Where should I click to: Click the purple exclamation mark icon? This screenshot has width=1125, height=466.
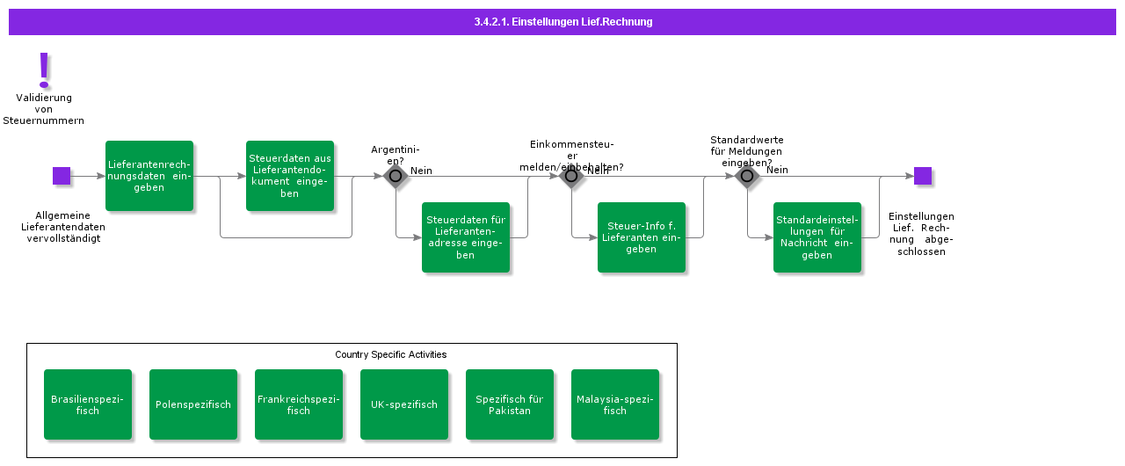pyautogui.click(x=44, y=70)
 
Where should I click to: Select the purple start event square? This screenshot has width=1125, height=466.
pyautogui.click(x=62, y=176)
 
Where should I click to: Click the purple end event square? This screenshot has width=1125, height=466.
pyautogui.click(x=922, y=176)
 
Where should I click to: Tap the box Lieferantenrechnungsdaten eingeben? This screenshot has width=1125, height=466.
pyautogui.click(x=149, y=176)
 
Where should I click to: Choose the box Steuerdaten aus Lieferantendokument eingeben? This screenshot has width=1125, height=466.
pyautogui.click(x=290, y=176)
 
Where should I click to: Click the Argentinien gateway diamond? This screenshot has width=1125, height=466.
pyautogui.click(x=396, y=176)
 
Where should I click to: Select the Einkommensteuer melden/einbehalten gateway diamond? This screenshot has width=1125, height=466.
pyautogui.click(x=571, y=176)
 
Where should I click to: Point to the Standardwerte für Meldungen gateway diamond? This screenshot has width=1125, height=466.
pyautogui.click(x=747, y=176)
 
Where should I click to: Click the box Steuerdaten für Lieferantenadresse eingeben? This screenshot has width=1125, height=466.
pyautogui.click(x=466, y=237)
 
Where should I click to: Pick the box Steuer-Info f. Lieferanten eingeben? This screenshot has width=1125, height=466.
pyautogui.click(x=642, y=237)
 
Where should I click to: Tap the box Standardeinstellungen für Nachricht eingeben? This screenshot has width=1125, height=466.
pyautogui.click(x=817, y=237)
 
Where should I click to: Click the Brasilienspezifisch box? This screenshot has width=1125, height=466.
pyautogui.click(x=88, y=404)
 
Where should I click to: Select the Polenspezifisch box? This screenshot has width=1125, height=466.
pyautogui.click(x=193, y=404)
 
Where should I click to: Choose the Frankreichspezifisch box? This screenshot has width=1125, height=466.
pyautogui.click(x=299, y=404)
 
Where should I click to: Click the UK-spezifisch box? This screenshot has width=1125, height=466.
pyautogui.click(x=404, y=404)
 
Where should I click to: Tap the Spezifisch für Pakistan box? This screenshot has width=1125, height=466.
pyautogui.click(x=510, y=404)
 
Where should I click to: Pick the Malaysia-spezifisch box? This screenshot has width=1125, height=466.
pyautogui.click(x=615, y=404)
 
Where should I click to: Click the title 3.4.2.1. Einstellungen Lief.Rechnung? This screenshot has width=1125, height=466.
pyautogui.click(x=562, y=22)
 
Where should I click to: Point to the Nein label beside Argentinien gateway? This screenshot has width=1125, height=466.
pyautogui.click(x=421, y=171)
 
